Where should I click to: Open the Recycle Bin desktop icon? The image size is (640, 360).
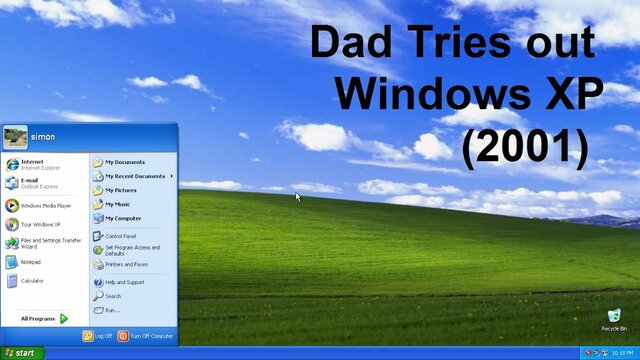click(x=614, y=319)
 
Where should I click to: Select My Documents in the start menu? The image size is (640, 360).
click(x=125, y=162)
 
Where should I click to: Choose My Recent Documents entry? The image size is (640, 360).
click(x=135, y=176)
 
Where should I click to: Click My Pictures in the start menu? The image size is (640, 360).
click(x=121, y=190)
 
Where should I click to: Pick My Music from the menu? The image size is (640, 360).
click(x=118, y=204)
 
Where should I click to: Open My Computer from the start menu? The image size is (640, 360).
click(x=123, y=218)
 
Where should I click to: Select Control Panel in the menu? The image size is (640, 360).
click(x=120, y=236)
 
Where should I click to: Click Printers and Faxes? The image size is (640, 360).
click(x=126, y=264)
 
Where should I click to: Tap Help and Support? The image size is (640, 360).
click(x=124, y=282)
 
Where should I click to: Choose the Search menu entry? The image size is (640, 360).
click(x=112, y=296)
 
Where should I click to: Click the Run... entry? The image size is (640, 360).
click(x=111, y=310)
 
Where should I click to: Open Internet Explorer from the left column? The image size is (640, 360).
click(x=32, y=164)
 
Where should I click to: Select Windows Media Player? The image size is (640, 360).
click(x=45, y=206)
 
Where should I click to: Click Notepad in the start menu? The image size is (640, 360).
click(x=31, y=262)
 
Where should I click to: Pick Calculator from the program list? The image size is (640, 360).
click(x=32, y=281)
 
